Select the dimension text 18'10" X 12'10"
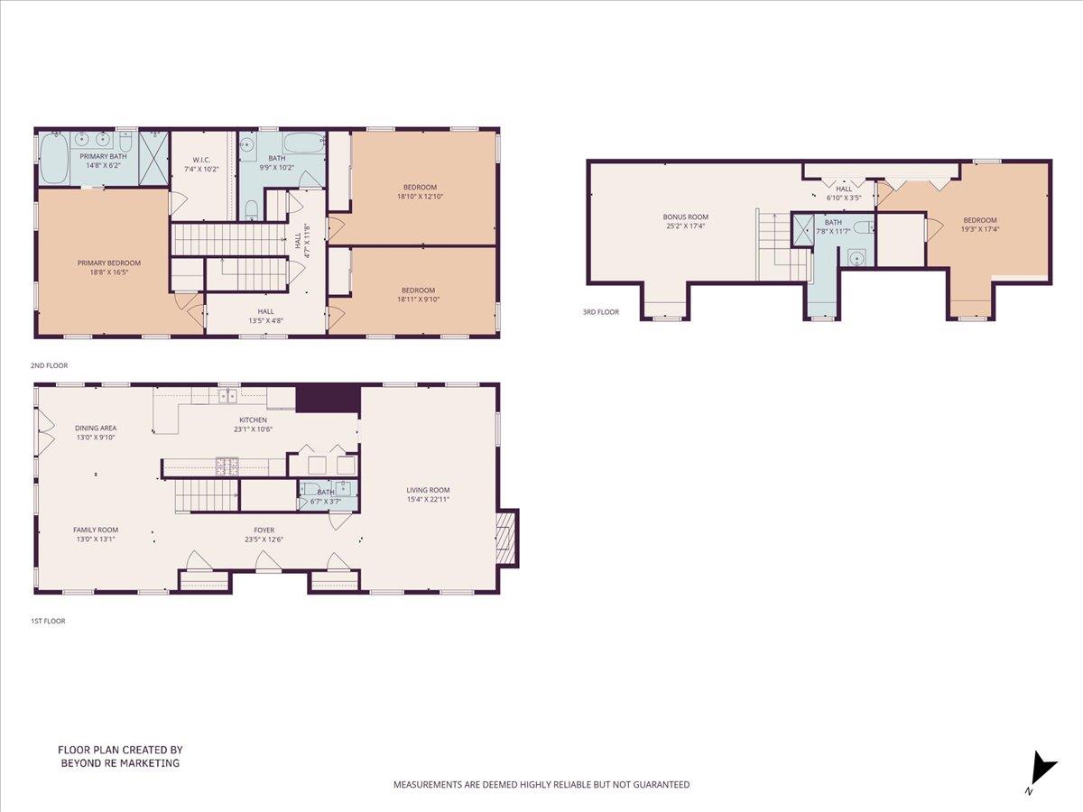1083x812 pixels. point(420,196)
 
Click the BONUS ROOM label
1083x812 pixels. point(686,217)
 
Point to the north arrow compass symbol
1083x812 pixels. point(1042,770)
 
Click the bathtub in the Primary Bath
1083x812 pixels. point(53,159)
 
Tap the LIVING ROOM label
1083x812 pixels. point(428,490)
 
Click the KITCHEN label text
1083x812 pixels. point(253,420)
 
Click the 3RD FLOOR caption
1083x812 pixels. point(600,312)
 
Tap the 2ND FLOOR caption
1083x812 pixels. point(50,365)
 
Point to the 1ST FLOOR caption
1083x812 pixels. point(50,621)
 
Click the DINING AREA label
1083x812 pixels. point(96,428)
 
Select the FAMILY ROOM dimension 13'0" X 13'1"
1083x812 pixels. point(96,540)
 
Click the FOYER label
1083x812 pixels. point(264,531)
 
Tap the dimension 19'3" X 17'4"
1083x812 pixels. point(979,229)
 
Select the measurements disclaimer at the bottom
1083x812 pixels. point(541,785)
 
